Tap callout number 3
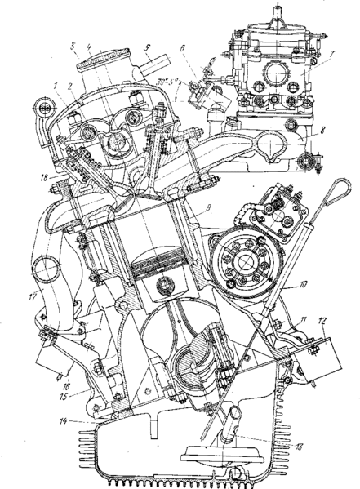73,44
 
